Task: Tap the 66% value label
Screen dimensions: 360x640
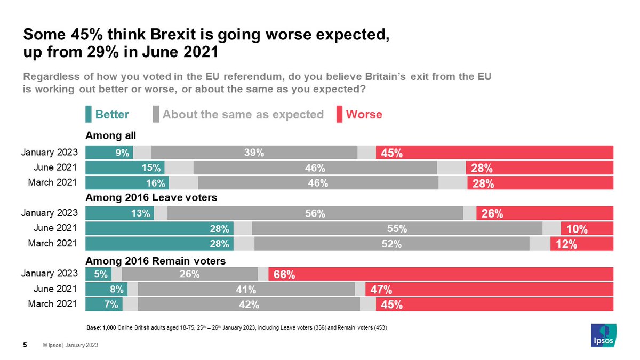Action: click(x=284, y=275)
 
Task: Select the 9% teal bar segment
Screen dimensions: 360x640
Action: click(x=109, y=153)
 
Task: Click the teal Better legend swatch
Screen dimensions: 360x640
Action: click(x=89, y=114)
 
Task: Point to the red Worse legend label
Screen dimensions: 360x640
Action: click(x=364, y=115)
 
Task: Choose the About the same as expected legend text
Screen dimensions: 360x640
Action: click(x=243, y=115)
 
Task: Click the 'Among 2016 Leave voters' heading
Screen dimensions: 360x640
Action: click(x=151, y=198)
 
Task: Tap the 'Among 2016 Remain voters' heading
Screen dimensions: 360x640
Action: click(x=155, y=261)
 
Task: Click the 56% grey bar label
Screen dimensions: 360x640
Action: click(x=315, y=214)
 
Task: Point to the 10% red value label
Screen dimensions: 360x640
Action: click(x=577, y=229)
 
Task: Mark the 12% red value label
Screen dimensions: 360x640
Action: click(x=566, y=244)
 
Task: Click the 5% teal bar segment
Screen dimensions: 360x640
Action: click(x=99, y=275)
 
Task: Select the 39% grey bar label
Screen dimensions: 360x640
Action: click(x=254, y=153)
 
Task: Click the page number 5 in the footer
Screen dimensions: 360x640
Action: click(x=25, y=345)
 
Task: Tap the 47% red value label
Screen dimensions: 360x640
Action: click(x=381, y=290)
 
